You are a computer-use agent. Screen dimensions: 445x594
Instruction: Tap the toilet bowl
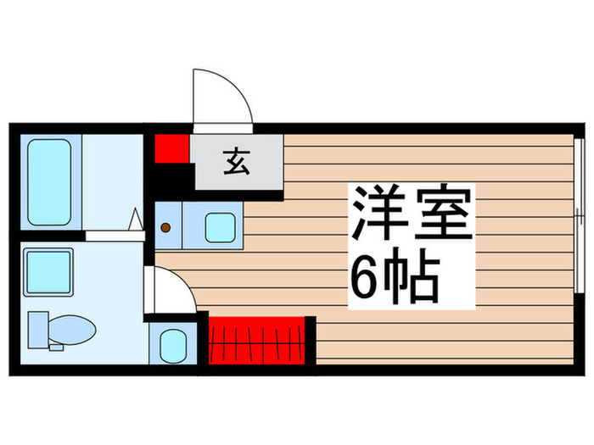73,328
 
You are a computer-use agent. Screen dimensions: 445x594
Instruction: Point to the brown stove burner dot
167,227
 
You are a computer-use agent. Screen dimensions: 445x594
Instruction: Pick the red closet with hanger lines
256,341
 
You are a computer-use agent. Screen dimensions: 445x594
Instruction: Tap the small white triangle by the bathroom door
134,220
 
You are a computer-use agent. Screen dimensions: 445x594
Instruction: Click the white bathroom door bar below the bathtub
110,235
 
